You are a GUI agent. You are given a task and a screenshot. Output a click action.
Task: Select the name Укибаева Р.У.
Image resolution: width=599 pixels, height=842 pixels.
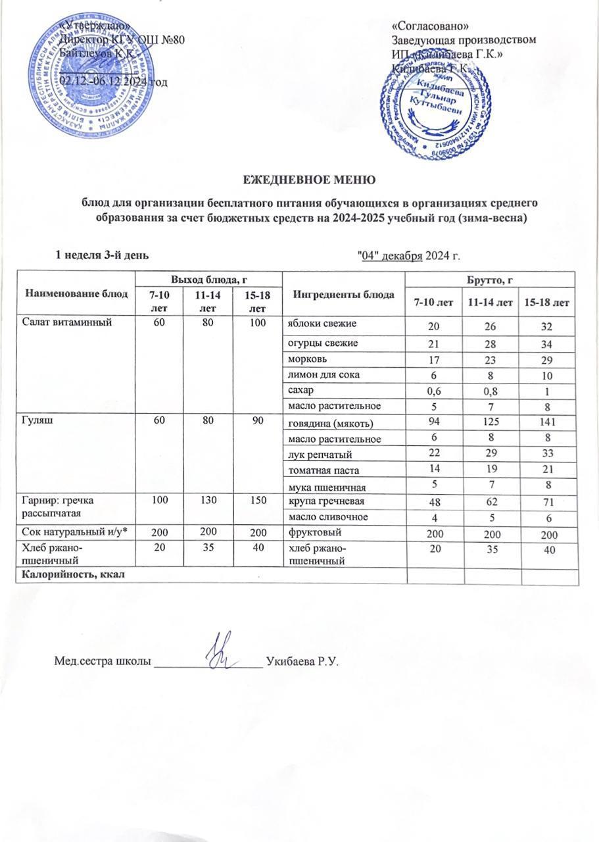302,660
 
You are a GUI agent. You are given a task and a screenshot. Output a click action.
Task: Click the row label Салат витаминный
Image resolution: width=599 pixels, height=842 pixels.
60,323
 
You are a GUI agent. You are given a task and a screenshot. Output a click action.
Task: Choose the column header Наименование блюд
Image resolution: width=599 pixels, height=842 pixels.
76,293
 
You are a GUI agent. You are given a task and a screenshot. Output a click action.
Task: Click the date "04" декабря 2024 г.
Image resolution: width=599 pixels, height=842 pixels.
406,255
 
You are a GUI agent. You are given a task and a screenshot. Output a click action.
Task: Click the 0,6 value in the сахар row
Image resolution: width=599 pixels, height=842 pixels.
435,391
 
